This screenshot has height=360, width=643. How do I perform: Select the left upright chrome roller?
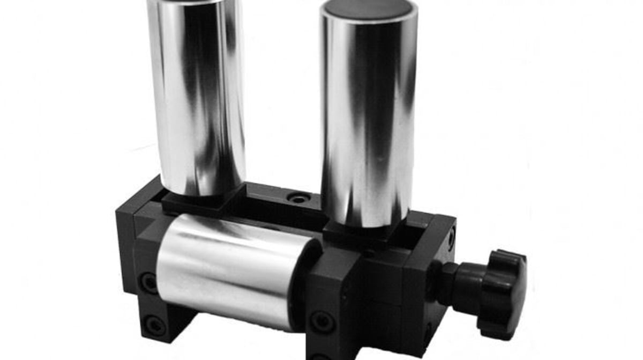click(x=197, y=96)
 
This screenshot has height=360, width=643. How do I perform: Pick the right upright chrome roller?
click(x=368, y=112)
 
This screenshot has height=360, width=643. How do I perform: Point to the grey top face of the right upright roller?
click(x=369, y=10)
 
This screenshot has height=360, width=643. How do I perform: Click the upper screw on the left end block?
click(x=148, y=283)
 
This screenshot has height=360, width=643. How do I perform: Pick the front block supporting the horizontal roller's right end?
click(x=335, y=300)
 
